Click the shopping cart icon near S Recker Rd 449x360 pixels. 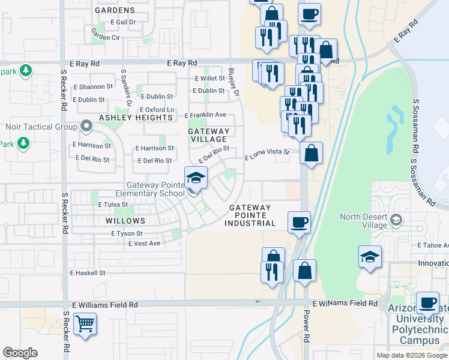85,325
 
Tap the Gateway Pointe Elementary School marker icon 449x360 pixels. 196,178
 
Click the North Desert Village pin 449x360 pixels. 396,220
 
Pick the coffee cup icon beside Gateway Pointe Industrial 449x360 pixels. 299,223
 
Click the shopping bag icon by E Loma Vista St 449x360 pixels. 312,153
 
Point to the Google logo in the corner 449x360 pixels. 20,353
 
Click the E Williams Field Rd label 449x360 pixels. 104,305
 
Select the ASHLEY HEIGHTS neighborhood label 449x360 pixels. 136,118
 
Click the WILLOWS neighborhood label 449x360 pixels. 125,221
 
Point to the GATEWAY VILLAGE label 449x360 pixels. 208,135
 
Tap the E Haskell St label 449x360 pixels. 88,272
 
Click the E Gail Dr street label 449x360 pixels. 119,22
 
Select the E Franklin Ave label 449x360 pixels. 205,115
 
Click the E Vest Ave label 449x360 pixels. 145,243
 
